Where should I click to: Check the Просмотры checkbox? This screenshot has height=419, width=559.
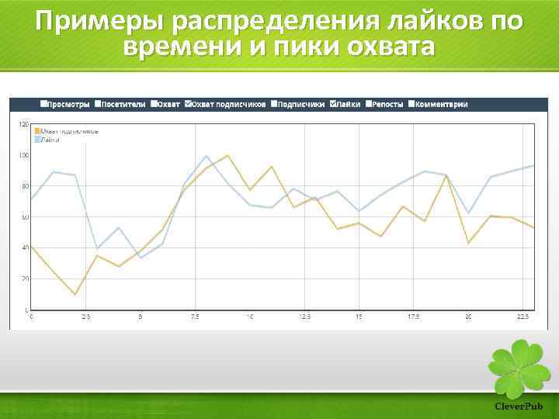pyautogui.click(x=43, y=104)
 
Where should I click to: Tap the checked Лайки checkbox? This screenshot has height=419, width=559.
pyautogui.click(x=334, y=104)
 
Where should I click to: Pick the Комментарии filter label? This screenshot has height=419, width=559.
pyautogui.click(x=441, y=104)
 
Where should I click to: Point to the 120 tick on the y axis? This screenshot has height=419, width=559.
pyautogui.click(x=23, y=125)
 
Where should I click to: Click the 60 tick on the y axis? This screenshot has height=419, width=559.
pyautogui.click(x=25, y=217)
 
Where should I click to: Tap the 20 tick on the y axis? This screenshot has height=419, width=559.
pyautogui.click(x=25, y=279)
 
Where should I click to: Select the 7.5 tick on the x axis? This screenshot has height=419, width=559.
pyautogui.click(x=196, y=317)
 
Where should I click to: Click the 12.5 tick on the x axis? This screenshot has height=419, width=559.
pyautogui.click(x=305, y=317)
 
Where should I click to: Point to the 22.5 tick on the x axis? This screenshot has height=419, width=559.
pyautogui.click(x=523, y=317)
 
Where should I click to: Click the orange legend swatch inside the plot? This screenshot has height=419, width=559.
pyautogui.click(x=36, y=131)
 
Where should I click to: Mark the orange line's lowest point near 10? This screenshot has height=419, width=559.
pyautogui.click(x=75, y=294)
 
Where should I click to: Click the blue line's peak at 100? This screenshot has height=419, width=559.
pyautogui.click(x=207, y=156)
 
